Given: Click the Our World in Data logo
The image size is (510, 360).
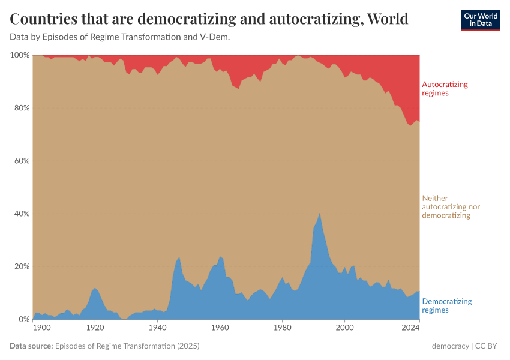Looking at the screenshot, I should tap(480, 20).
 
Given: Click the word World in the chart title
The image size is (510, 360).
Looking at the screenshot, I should tap(387, 19).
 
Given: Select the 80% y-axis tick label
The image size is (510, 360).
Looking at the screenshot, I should tap(22, 108).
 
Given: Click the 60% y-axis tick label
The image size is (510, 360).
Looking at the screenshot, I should tap(22, 161).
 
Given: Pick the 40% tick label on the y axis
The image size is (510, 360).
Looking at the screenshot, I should tap(22, 214).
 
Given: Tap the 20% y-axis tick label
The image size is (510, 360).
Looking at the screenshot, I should tap(22, 266).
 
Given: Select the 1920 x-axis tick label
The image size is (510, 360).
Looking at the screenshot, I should tap(95, 328).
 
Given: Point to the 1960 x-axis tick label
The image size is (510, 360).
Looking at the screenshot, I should tap(220, 328).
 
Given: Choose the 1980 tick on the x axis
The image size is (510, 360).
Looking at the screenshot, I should tap(282, 328).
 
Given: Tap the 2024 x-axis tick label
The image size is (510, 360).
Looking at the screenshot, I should tap(411, 328).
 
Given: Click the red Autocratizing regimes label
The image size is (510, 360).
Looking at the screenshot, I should tap(445, 89).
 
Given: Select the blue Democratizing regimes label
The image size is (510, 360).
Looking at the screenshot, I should tap(447, 305).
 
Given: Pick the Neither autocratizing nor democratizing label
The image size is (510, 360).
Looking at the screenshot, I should tap(451, 206).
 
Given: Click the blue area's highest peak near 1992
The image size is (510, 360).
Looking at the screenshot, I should tap(320, 214).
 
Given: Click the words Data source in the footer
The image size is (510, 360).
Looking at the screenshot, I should tap(31, 346).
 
